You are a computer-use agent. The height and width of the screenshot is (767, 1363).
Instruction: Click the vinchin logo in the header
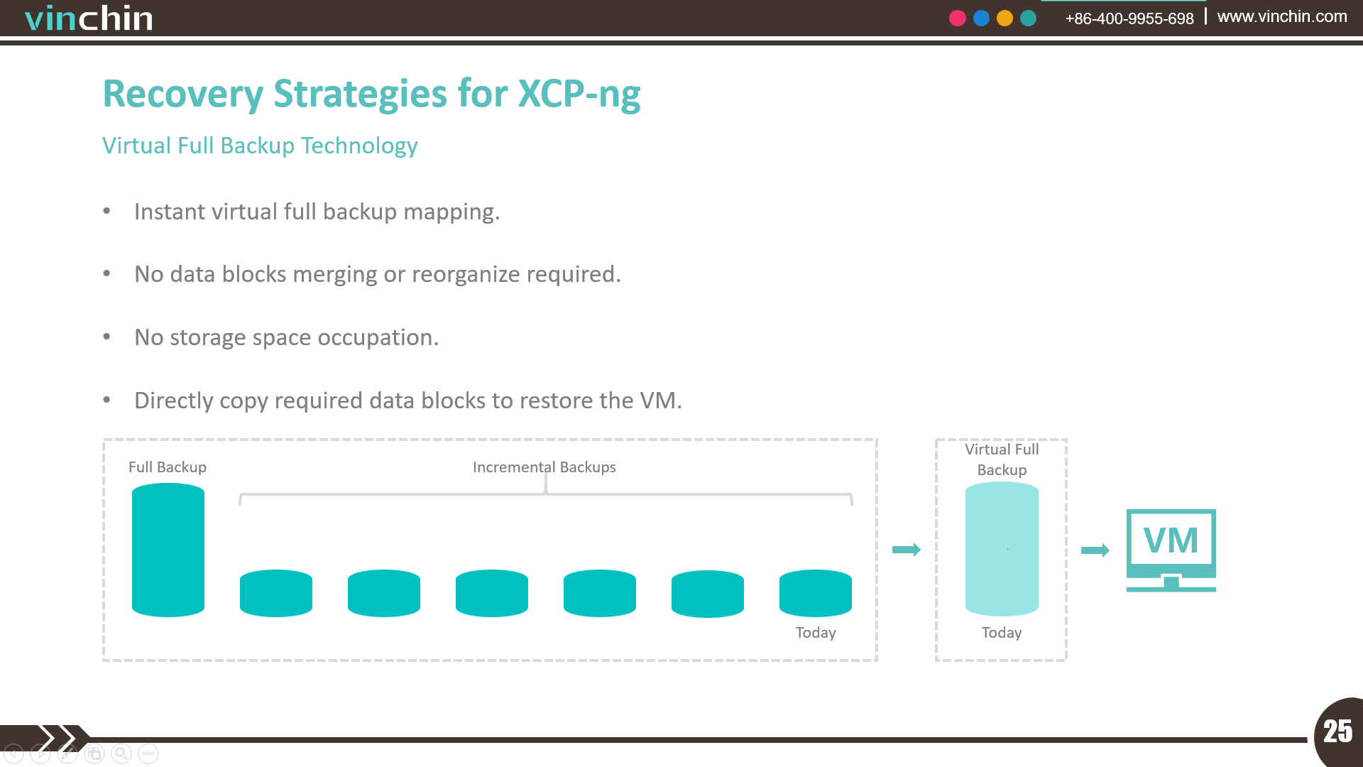point(89,18)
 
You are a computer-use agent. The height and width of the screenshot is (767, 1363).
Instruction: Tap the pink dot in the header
point(958,18)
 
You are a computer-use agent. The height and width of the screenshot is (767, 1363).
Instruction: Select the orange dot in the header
point(1005,18)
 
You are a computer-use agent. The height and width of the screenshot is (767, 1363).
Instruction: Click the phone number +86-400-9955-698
point(1129,18)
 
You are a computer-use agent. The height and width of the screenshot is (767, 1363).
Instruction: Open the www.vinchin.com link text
point(1282,16)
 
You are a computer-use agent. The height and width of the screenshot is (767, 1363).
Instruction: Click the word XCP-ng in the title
point(579,94)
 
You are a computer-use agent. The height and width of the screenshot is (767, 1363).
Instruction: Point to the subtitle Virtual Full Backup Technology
point(260,146)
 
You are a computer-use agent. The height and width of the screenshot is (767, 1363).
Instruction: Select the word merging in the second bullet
point(335,275)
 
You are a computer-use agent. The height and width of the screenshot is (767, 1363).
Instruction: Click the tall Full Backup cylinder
point(168,550)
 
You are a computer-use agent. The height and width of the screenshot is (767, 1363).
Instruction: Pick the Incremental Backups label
point(544,467)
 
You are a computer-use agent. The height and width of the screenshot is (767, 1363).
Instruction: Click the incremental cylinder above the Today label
point(816,593)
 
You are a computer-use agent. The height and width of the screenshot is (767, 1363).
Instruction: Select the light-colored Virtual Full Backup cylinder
point(1002,549)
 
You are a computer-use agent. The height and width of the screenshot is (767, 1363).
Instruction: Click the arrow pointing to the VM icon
point(1095,550)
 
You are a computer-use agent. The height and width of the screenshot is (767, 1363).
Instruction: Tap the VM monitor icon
point(1171,550)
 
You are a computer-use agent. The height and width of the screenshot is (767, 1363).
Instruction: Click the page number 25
point(1338,731)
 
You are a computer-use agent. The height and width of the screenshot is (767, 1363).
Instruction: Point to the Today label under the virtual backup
point(1002,633)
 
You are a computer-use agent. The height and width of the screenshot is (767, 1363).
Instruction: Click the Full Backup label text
point(168,467)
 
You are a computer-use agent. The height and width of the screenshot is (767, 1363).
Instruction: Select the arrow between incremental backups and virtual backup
point(907,550)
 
